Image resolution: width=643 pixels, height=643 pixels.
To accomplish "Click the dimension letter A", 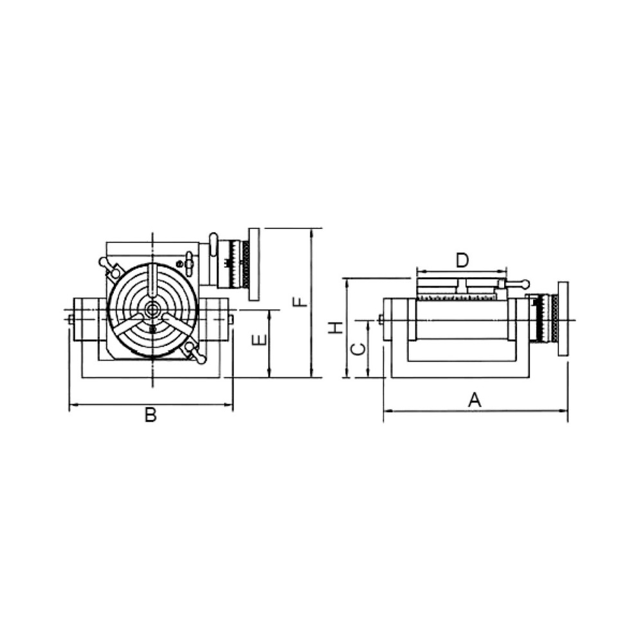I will [474, 400].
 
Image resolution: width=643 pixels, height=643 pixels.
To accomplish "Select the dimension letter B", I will [150, 415].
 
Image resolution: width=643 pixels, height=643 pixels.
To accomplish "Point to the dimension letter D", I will [462, 260].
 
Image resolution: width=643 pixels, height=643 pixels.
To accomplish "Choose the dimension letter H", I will [334, 328].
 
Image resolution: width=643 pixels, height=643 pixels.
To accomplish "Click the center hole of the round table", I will [152, 309].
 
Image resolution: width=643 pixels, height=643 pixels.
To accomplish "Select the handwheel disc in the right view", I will [563, 318].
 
